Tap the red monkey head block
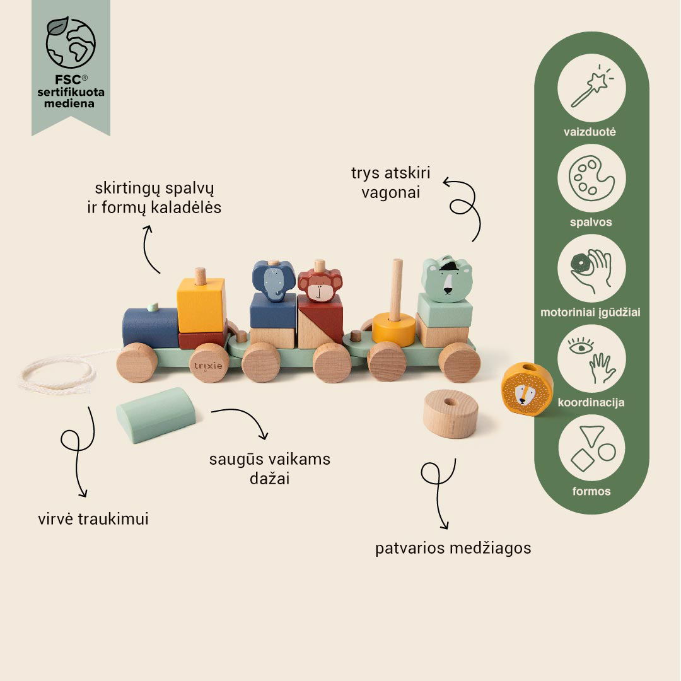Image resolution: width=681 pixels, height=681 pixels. pyautogui.click(x=320, y=286)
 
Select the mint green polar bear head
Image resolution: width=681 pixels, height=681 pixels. pyautogui.click(x=446, y=279)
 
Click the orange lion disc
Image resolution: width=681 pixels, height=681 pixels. pyautogui.click(x=527, y=390)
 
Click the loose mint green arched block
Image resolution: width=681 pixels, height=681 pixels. pyautogui.click(x=156, y=415)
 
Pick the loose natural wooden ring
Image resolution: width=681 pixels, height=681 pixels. pyautogui.click(x=451, y=414)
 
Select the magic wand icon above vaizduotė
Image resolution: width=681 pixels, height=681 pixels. pyautogui.click(x=591, y=88)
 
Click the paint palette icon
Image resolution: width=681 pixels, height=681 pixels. pyautogui.click(x=591, y=178)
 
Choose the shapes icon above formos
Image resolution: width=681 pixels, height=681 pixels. pyautogui.click(x=592, y=448)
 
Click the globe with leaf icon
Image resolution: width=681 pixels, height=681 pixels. pyautogui.click(x=71, y=42)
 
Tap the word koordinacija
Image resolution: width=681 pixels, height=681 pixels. pyautogui.click(x=591, y=402)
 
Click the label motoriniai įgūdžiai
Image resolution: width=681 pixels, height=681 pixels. pyautogui.click(x=590, y=312)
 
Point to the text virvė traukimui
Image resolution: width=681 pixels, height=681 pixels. pyautogui.click(x=93, y=518)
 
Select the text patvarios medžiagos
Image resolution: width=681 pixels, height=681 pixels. pyautogui.click(x=453, y=548)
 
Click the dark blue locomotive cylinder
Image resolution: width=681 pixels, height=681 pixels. pyautogui.click(x=150, y=327)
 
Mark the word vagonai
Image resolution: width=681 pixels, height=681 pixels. pyautogui.click(x=391, y=192)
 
